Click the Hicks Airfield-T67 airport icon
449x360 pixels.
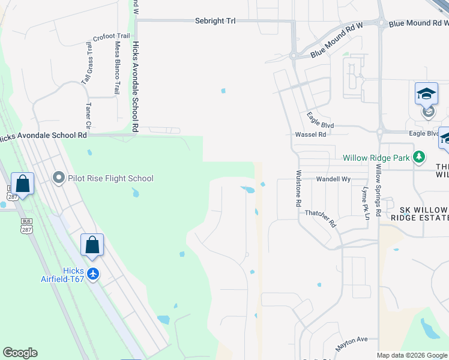pyautogui.click(x=92, y=274)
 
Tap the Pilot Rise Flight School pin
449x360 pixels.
pyautogui.click(x=59, y=178)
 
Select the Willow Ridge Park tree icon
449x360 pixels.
pyautogui.click(x=419, y=158)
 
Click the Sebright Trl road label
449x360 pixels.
pyautogui.click(x=215, y=20)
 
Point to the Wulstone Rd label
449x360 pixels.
pyautogui.click(x=298, y=188)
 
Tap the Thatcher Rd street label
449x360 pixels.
pyautogui.click(x=321, y=218)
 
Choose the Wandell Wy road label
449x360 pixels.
pyautogui.click(x=333, y=179)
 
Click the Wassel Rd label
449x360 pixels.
pyautogui.click(x=310, y=134)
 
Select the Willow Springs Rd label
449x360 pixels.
pyautogui.click(x=378, y=190)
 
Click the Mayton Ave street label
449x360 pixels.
pyautogui.click(x=352, y=340)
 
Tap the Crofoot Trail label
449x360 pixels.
pyautogui.click(x=114, y=36)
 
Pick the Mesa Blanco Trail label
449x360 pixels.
pyautogui.click(x=117, y=67)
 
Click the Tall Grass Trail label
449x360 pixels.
pyautogui.click(x=89, y=63)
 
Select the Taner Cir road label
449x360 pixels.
pyautogui.click(x=88, y=115)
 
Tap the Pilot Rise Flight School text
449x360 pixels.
pyautogui.click(x=110, y=178)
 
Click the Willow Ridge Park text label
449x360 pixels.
pyautogui.click(x=376, y=158)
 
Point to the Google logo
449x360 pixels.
pyautogui.click(x=20, y=353)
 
